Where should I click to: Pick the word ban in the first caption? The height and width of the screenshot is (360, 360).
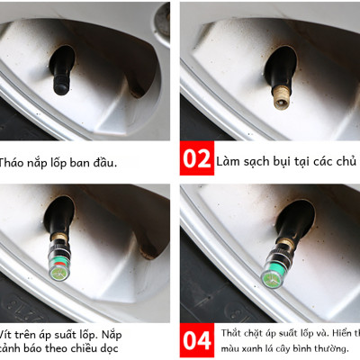(x=89, y=163)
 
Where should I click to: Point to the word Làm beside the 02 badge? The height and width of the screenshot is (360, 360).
(x=229, y=162)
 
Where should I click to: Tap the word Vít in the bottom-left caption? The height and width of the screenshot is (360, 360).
(x=8, y=333)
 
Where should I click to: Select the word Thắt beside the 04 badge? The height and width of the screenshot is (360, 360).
(x=231, y=334)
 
